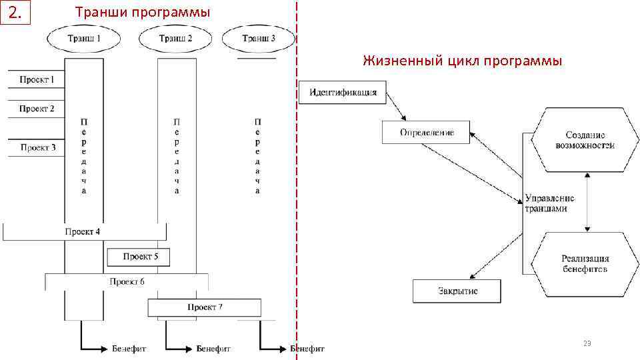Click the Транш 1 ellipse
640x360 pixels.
point(84,39)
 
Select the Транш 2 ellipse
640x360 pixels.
point(175,39)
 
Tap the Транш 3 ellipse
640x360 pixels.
point(258,39)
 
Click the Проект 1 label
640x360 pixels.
point(37,80)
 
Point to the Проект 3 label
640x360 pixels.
point(38,147)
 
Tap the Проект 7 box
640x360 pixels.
point(204,307)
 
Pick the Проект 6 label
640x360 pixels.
point(127,282)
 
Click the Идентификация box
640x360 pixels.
point(343,92)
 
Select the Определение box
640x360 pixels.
point(426,132)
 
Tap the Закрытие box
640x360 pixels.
point(457,291)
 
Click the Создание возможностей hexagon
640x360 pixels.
point(585,140)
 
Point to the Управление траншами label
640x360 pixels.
point(549,203)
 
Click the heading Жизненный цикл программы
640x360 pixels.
point(462,61)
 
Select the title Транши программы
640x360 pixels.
point(142,13)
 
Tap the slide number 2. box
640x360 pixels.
point(15,13)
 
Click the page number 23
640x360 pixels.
point(587,343)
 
